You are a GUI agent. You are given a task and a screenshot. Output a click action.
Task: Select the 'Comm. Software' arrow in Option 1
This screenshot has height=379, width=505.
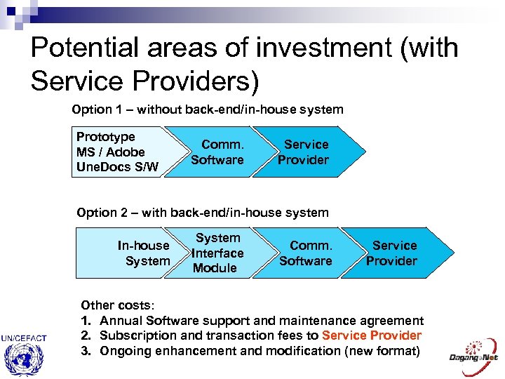(217, 152)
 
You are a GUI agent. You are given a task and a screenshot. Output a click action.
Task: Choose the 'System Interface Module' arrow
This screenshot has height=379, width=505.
(217, 253)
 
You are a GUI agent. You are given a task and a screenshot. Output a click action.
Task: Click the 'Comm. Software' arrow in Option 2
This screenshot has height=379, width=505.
(307, 253)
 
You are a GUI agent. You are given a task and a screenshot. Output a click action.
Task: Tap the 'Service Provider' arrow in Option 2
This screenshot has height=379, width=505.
(393, 253)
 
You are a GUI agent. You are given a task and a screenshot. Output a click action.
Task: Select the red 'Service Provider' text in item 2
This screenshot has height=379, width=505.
(372, 335)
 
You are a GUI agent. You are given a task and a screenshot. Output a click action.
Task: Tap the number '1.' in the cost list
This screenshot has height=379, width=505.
(86, 321)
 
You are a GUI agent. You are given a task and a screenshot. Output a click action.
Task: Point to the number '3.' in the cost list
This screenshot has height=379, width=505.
(86, 350)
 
